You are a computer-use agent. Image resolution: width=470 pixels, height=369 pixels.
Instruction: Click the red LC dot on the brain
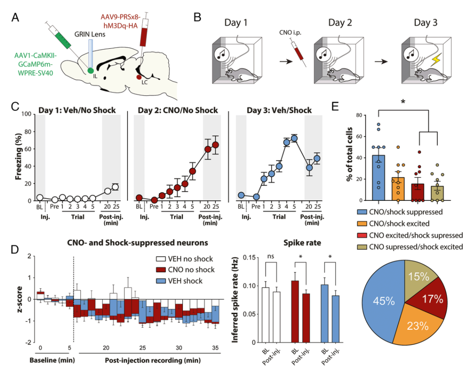pos(138,78)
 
